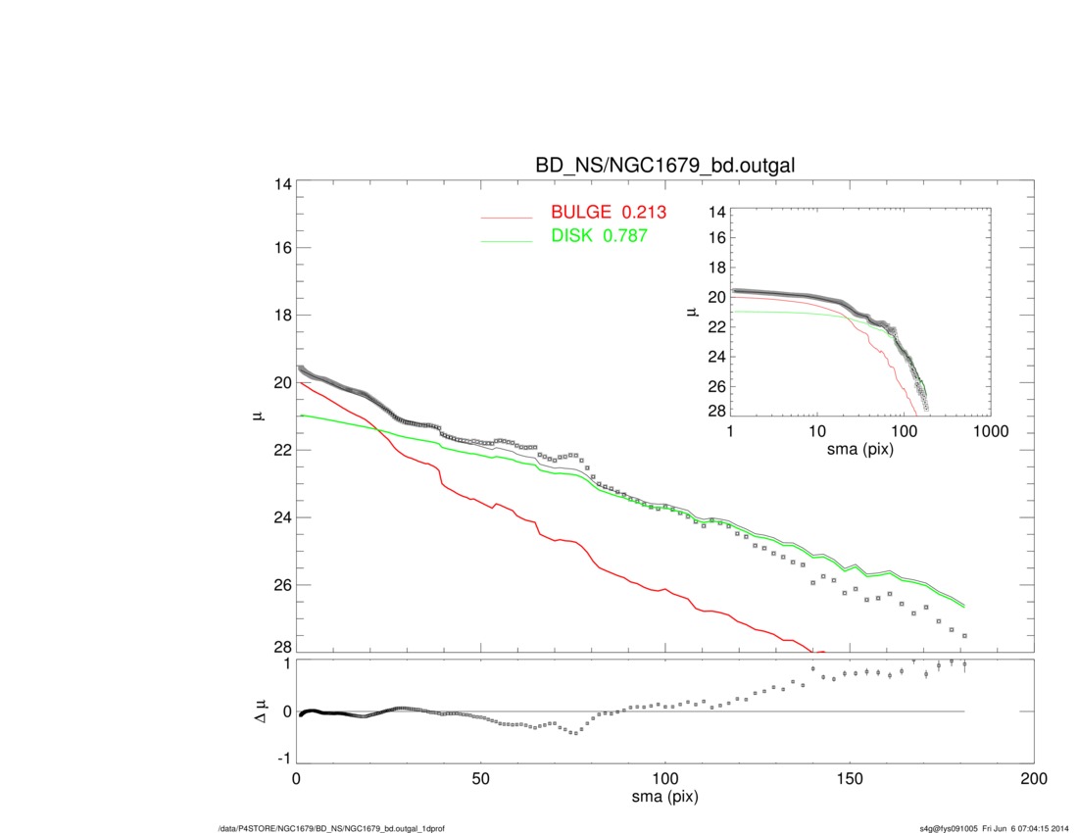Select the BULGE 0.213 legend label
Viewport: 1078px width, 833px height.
[x=608, y=213]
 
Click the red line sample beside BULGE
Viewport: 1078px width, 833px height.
[x=506, y=217]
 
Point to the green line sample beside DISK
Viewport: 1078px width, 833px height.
[x=506, y=239]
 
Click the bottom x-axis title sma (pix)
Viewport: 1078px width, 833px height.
[x=664, y=799]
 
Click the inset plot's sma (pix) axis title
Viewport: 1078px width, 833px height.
[x=859, y=448]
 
